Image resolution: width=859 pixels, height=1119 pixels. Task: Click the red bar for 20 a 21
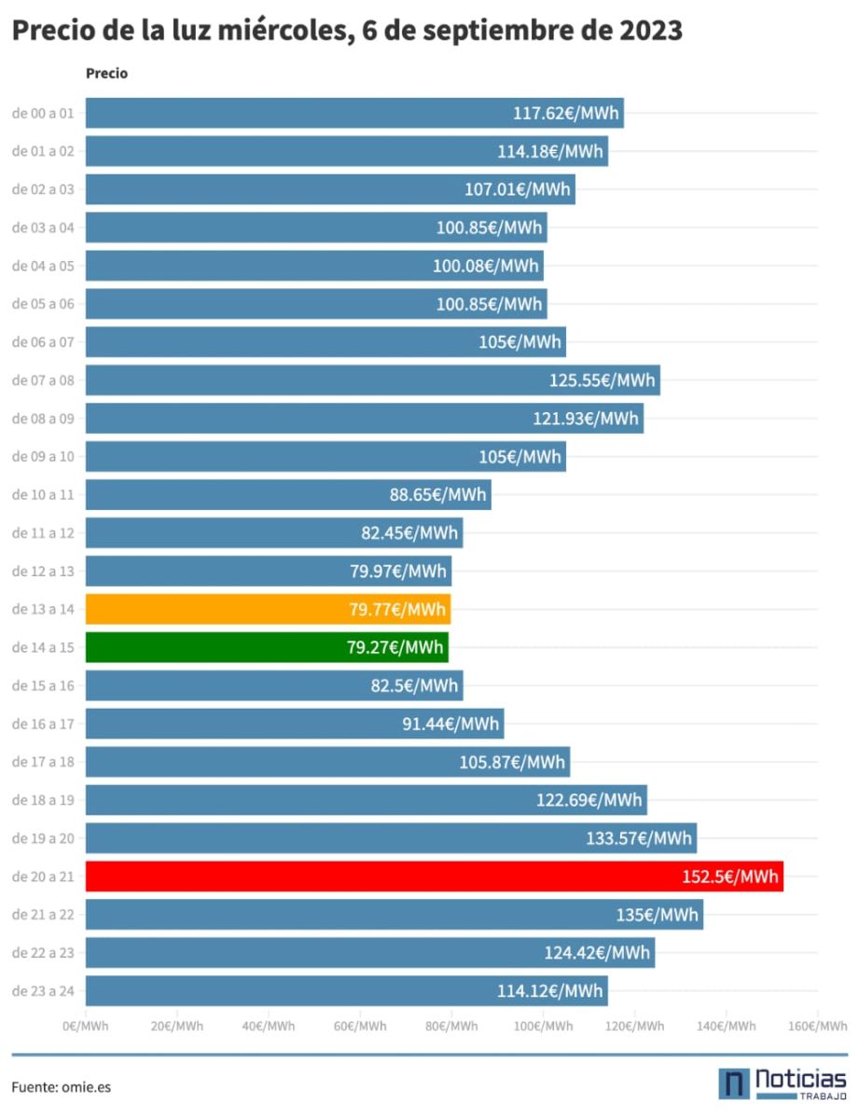[434, 877]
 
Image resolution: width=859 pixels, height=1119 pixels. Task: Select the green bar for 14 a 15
[267, 647]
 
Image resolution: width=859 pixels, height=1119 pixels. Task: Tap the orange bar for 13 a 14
[268, 609]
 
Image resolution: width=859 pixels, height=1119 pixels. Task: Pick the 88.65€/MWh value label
[438, 494]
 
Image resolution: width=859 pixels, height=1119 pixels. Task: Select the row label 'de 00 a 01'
[43, 113]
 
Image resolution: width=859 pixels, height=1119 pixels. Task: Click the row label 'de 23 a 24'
[43, 990]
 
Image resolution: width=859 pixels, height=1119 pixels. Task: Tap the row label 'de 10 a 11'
[43, 494]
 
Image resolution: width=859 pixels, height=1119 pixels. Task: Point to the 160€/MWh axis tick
[816, 1026]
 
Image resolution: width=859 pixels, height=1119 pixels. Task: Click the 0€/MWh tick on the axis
[86, 1026]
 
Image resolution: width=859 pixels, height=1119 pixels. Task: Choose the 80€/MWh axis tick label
[450, 1026]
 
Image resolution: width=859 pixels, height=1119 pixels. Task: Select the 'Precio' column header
[106, 74]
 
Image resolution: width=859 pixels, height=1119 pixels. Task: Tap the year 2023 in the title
[650, 31]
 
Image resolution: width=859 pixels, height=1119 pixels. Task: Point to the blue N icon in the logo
[733, 1084]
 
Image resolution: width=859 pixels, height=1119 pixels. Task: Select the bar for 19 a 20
[391, 838]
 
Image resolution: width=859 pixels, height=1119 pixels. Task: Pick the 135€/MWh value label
[657, 915]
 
